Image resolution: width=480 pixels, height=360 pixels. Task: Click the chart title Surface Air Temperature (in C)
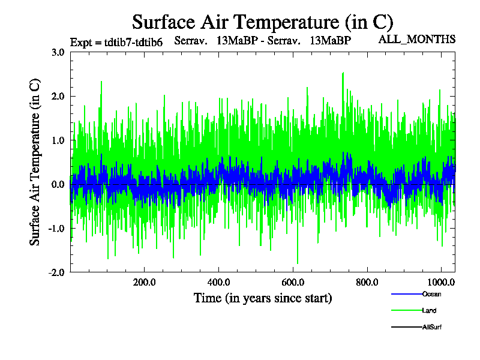[x=262, y=22]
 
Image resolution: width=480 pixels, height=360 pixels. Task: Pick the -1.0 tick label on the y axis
[x=56, y=228]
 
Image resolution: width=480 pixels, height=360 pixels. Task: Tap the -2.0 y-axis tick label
[x=56, y=272]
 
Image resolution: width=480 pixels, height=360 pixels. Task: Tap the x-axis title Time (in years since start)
[x=263, y=298]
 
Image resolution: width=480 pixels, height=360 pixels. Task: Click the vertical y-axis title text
[x=35, y=162]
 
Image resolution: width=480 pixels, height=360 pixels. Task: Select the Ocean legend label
[x=431, y=294]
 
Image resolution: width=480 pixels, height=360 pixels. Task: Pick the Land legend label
[x=429, y=311]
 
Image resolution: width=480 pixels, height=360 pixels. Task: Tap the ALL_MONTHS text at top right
[x=417, y=40]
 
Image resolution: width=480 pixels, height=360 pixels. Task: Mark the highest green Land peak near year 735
[x=343, y=73]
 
